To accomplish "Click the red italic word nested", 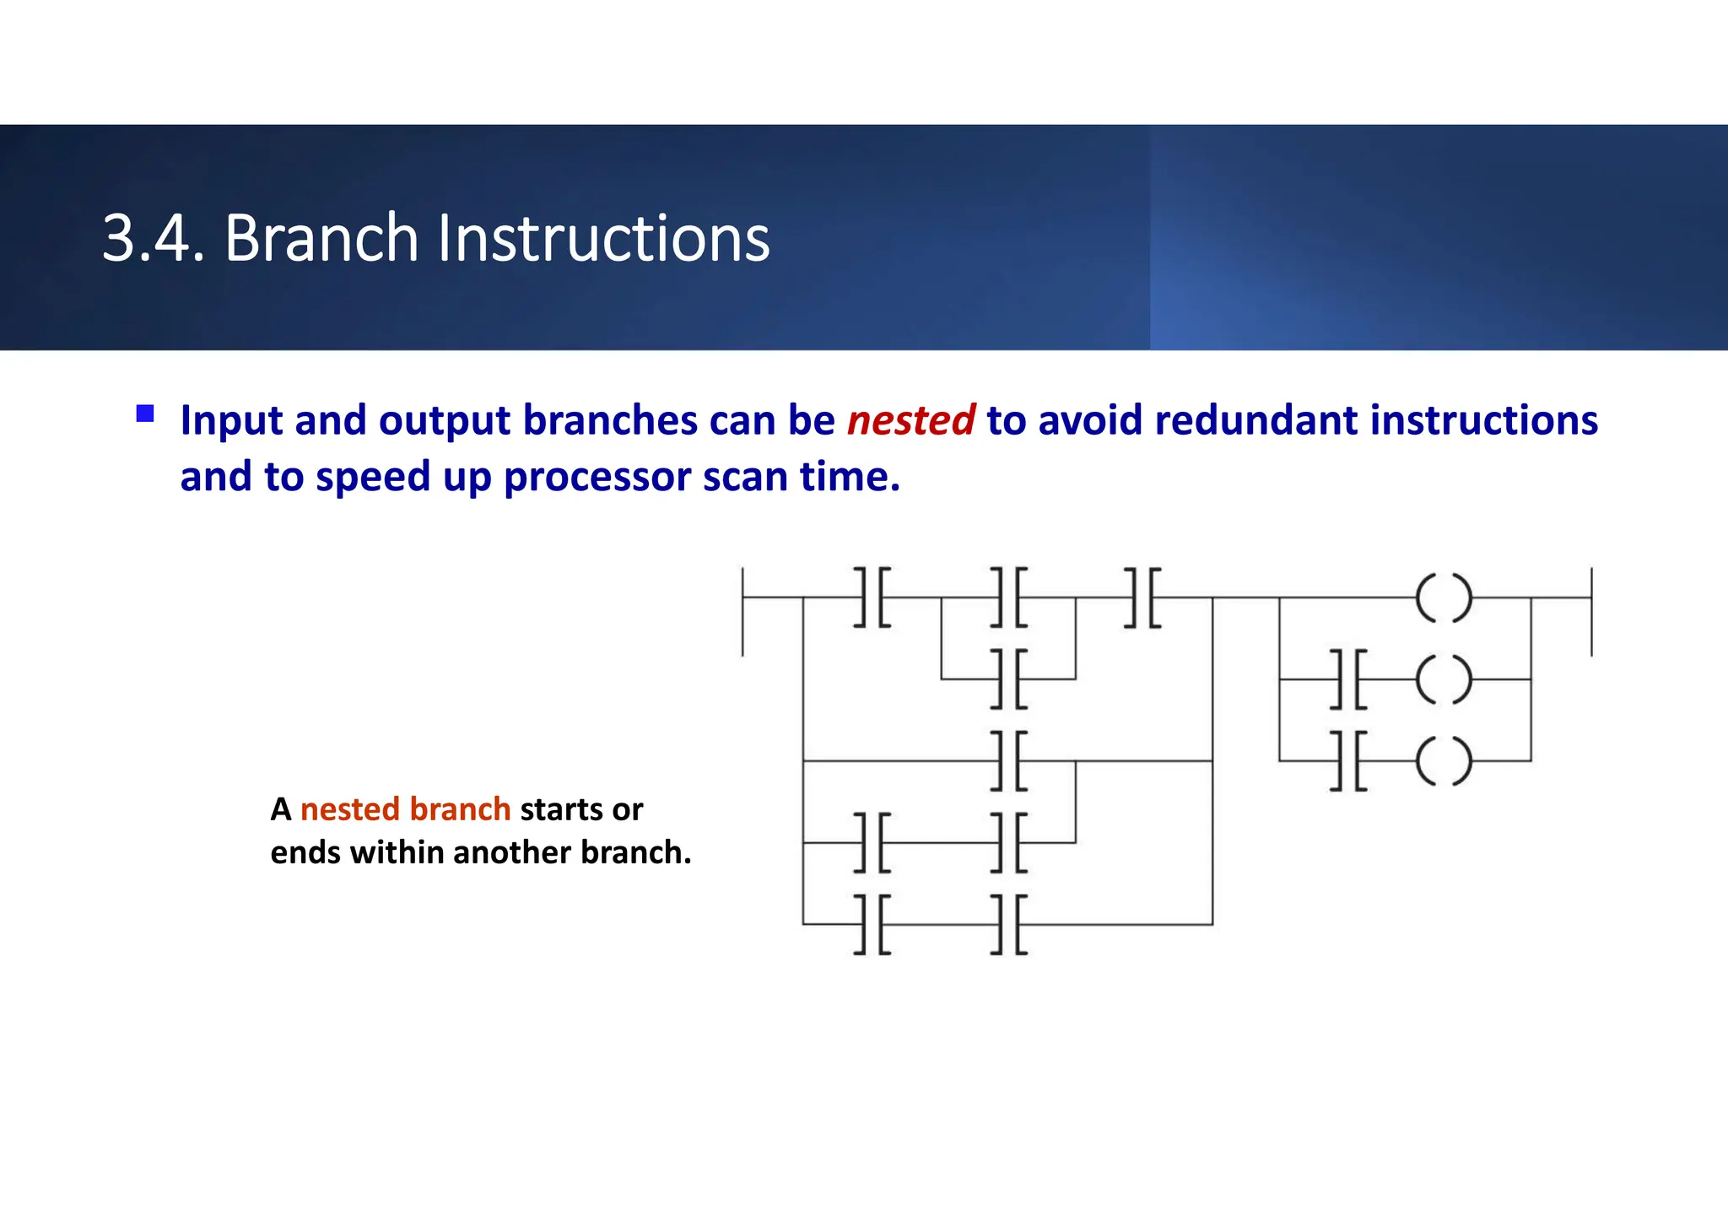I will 910,420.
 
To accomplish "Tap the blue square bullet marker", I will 145,414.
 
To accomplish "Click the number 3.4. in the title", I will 153,238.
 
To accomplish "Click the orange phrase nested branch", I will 405,809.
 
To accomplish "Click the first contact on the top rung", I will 872,597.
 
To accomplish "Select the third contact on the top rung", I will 1143,597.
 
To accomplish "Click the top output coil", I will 1444,597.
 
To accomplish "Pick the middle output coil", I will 1444,679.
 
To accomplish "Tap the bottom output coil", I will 1444,761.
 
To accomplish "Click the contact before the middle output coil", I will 1348,679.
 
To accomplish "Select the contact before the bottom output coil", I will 1348,761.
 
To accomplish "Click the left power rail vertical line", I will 742,612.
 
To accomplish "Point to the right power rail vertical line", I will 1591,612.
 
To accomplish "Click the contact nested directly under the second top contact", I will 1009,679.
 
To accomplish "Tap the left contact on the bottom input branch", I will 872,924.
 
